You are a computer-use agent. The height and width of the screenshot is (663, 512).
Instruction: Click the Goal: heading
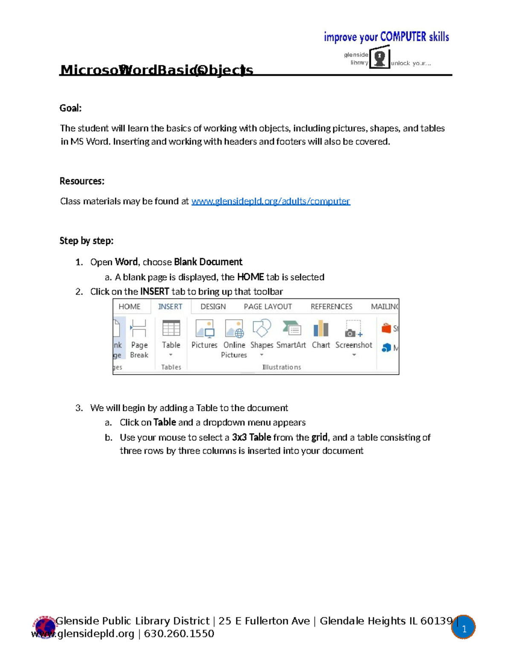pos(70,108)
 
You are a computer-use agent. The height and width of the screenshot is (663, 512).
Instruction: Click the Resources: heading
pos(82,181)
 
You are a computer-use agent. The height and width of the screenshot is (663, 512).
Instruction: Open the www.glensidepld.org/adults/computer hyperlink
pos(271,201)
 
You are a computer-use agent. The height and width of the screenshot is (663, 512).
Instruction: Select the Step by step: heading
pos(87,241)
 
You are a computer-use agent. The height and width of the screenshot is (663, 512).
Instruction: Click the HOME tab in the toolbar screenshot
pos(129,307)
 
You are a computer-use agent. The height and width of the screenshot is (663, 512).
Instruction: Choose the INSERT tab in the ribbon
pos(170,307)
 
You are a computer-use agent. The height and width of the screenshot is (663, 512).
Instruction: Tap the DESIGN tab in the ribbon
pos(213,307)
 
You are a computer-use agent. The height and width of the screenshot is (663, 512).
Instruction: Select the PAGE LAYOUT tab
pos(268,307)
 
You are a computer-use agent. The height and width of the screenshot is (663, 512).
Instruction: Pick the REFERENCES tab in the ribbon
pos(331,307)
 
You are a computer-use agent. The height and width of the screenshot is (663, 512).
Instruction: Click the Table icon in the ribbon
pos(171,329)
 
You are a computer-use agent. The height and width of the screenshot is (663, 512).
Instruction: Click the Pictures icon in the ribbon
pos(204,329)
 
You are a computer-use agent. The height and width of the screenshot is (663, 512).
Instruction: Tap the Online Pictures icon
pos(234,329)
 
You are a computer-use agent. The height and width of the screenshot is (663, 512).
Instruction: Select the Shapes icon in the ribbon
pos(262,328)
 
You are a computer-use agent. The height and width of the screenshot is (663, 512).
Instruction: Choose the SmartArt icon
pos(291,328)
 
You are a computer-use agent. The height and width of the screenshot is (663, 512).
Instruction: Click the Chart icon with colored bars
pos(321,329)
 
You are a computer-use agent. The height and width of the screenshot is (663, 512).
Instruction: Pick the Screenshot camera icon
pos(353,329)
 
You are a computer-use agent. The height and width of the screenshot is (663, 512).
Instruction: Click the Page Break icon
pos(139,329)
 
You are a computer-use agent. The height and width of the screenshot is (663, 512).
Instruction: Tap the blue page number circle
pos(464,628)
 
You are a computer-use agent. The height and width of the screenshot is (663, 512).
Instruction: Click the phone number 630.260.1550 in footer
pos(179,634)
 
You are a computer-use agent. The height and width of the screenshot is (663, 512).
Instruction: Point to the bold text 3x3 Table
pos(251,437)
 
